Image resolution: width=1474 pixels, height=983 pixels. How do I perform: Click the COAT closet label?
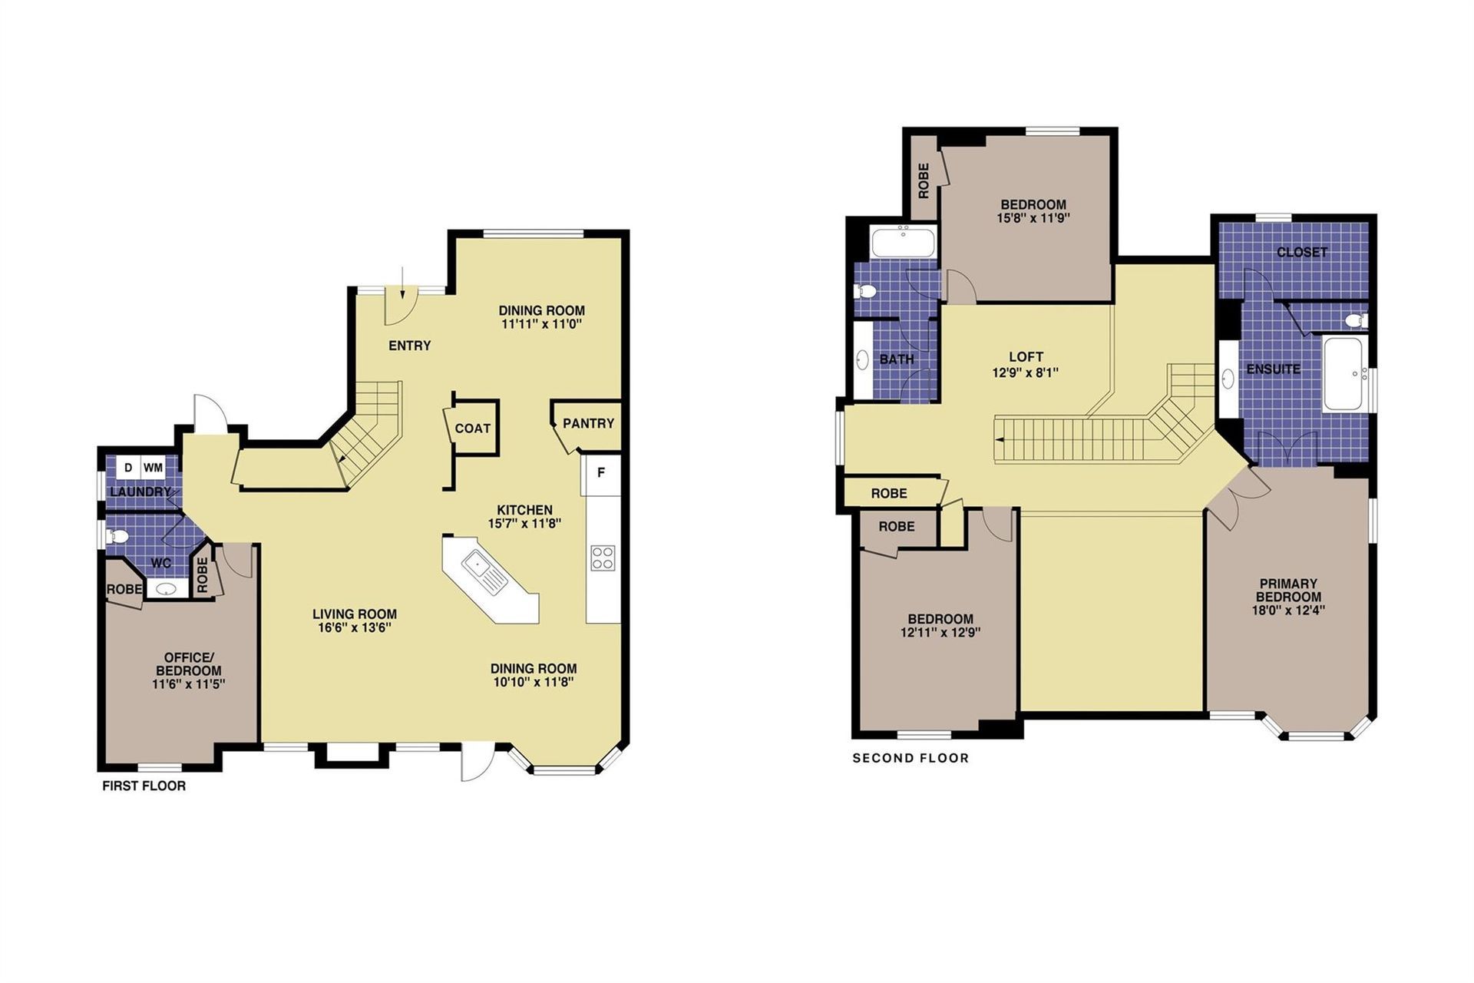point(472,429)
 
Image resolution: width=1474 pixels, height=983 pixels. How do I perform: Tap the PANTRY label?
point(588,423)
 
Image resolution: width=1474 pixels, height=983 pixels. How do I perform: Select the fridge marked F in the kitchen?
point(601,475)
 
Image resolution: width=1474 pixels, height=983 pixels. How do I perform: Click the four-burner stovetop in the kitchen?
point(603,557)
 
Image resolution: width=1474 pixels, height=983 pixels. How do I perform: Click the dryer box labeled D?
point(128,468)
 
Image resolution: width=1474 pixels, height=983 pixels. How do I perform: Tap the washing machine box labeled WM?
point(153,468)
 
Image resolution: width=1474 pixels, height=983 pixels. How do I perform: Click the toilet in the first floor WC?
point(117,536)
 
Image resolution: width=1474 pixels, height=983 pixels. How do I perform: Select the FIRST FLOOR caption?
point(144,786)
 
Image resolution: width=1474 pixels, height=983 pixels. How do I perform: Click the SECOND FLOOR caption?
point(911,758)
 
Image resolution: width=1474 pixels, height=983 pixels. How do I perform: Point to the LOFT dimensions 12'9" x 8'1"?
point(1026,372)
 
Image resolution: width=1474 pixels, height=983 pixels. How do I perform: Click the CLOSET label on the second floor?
point(1301,252)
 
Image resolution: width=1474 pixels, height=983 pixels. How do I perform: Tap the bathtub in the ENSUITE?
point(1343,374)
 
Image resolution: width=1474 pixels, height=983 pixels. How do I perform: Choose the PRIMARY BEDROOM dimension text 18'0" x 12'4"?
point(1288,611)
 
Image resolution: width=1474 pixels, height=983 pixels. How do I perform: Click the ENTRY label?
point(409,346)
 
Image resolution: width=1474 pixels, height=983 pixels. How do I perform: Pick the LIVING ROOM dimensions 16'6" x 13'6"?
point(355,627)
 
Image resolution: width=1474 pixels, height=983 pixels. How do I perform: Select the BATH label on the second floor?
point(897,359)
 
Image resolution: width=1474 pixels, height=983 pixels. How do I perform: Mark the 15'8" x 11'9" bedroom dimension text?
point(1033,218)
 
